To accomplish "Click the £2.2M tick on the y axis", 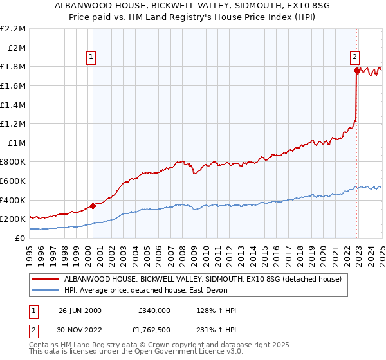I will click(13, 29).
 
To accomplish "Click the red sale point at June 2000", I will click(93, 206).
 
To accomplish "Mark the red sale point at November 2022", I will click(356, 71).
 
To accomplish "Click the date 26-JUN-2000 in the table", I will click(80, 310).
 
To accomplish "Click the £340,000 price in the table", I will click(154, 310).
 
